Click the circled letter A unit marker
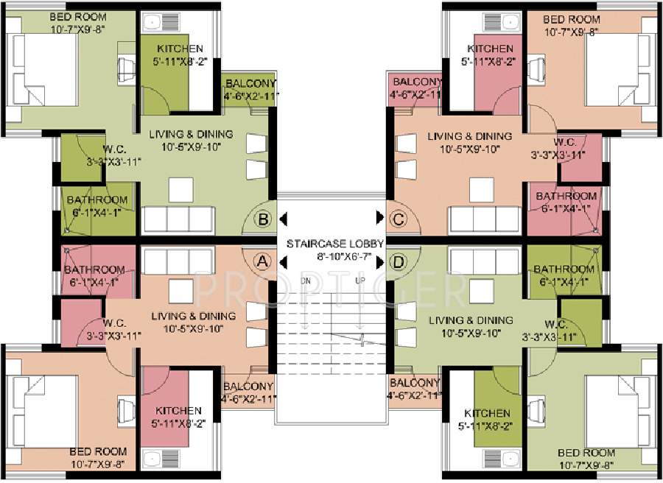tap(262, 260)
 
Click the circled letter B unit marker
tap(262, 218)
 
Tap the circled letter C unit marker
tap(398, 218)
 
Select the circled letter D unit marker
tap(399, 260)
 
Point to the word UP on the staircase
tap(360, 281)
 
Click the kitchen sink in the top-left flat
tap(156, 23)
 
